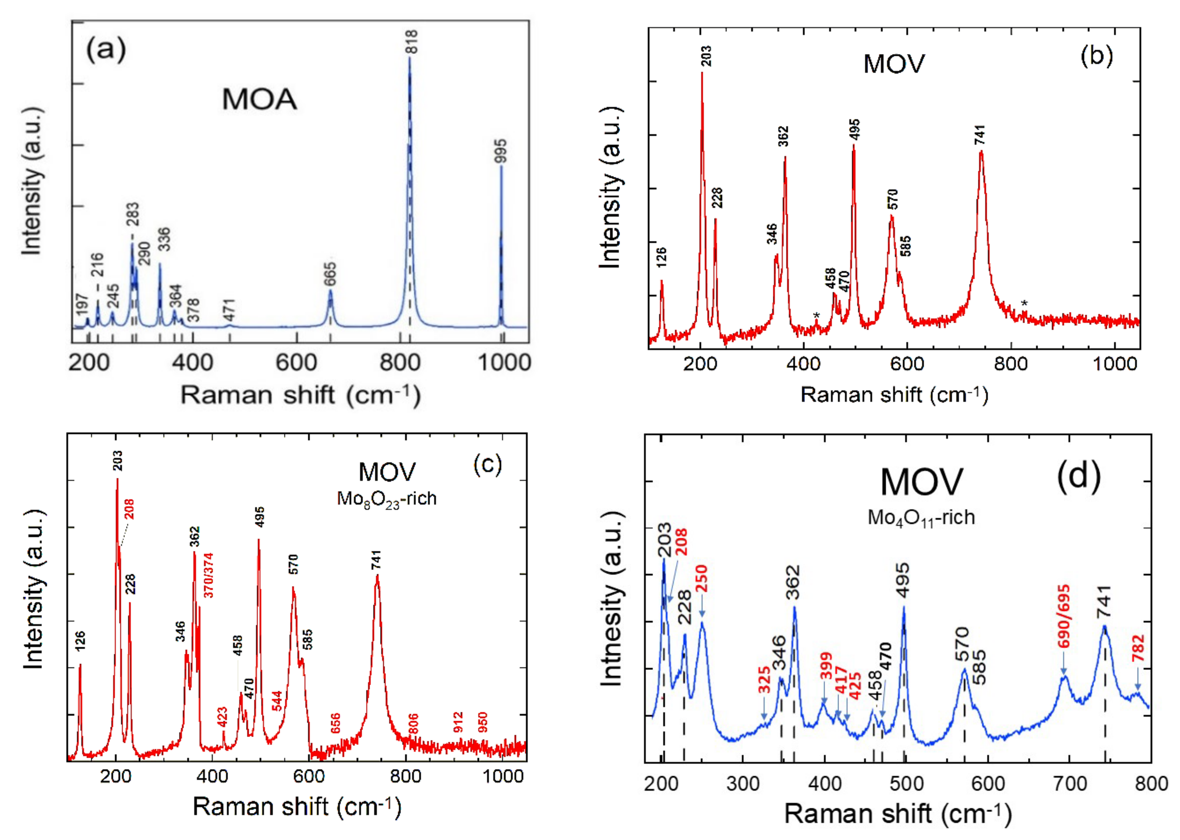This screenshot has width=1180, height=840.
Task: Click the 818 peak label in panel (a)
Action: pos(411,42)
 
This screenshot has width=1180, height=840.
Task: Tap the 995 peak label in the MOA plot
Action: pos(500,151)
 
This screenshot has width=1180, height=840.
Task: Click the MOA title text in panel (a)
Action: pos(260,99)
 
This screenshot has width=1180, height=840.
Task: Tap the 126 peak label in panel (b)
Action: pos(661,257)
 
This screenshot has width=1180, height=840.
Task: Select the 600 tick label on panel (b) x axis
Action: pos(907,364)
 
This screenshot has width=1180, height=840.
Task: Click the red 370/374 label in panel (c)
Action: pos(208,575)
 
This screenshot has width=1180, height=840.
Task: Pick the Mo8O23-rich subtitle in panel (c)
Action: pos(387,499)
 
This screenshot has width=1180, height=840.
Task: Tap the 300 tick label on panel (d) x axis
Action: pos(742,784)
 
